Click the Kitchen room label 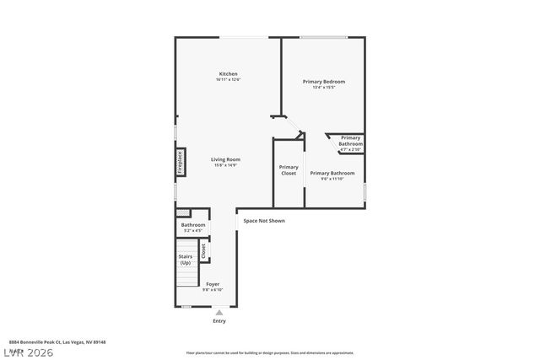tap(229, 74)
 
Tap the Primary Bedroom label tap(324, 82)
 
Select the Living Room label tap(226, 159)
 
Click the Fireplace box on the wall tap(180, 163)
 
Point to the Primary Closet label tap(289, 169)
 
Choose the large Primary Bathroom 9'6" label tap(332, 173)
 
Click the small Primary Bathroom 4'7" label tap(350, 141)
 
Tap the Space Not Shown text tap(264, 221)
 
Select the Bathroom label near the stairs tap(193, 225)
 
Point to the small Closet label tap(202, 250)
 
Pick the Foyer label tap(213, 284)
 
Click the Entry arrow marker tap(219, 312)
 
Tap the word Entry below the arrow tap(219, 321)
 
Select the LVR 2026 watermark tap(27, 351)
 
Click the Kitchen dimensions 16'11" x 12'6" tap(229, 80)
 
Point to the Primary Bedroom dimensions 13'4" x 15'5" tap(324, 88)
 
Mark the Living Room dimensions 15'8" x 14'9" tap(226, 165)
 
